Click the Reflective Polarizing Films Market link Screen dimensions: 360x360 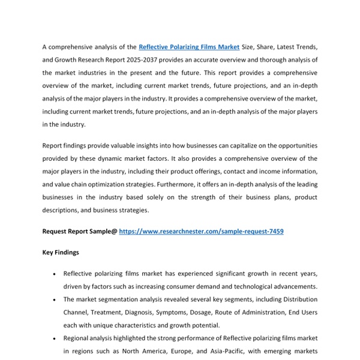189,47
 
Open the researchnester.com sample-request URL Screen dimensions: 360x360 201,231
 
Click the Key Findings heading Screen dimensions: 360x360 61,253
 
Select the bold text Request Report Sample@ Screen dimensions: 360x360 79,231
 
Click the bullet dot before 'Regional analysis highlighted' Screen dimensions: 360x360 55,338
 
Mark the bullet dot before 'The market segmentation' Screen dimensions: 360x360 55,299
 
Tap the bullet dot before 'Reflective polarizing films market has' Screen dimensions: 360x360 55,274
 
